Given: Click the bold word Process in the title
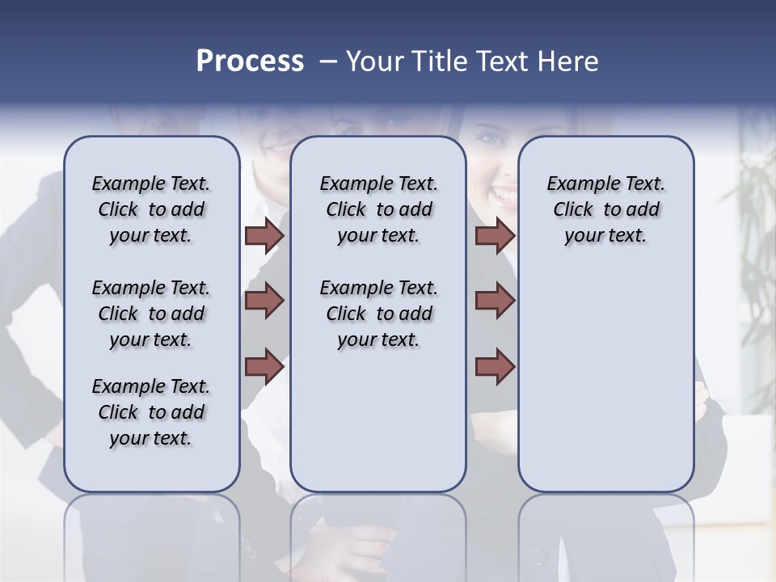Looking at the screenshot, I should (x=250, y=61).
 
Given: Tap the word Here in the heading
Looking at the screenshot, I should (x=567, y=61).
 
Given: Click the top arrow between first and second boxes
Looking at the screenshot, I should (x=264, y=235).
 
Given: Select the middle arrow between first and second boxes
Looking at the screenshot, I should (x=264, y=301).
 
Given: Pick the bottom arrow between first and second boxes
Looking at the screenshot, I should (x=264, y=366).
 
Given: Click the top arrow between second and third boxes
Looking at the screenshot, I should (x=495, y=235).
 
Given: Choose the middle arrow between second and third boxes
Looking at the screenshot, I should (x=495, y=301).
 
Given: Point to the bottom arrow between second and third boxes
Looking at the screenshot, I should (x=495, y=366).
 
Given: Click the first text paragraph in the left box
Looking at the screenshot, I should (x=151, y=209).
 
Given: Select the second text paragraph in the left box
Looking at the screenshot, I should (x=151, y=314).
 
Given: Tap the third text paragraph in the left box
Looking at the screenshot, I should (x=151, y=412).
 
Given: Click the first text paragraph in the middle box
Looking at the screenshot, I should (x=378, y=209).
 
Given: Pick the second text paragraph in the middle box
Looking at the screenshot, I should (x=378, y=314).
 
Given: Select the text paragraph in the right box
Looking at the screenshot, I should (x=605, y=209).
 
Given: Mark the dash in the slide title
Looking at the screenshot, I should (x=328, y=61).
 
